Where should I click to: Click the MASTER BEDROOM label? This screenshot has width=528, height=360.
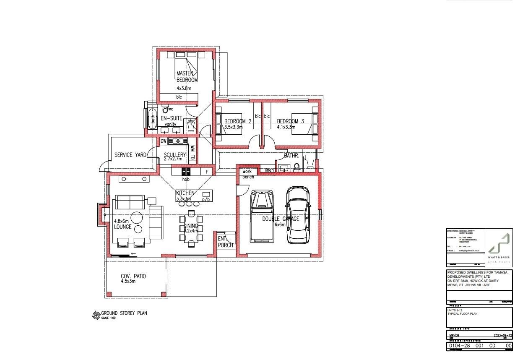(186, 76)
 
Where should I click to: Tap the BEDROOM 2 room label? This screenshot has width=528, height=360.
(237, 122)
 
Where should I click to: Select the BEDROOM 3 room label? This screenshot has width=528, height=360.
(290, 122)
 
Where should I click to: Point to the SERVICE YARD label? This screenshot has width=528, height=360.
(130, 155)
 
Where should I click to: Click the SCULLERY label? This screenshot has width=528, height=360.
(174, 155)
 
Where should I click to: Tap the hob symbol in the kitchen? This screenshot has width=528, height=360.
(186, 172)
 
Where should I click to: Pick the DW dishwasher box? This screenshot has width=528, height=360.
(164, 141)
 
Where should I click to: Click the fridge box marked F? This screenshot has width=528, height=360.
(206, 172)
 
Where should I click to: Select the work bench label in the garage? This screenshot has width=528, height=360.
(247, 174)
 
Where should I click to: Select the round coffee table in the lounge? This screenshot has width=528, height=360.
(137, 218)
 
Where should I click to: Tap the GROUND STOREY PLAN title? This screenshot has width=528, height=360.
(124, 313)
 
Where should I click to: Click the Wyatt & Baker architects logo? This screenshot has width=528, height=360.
(499, 248)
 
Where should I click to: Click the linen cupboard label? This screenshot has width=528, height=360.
(269, 170)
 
